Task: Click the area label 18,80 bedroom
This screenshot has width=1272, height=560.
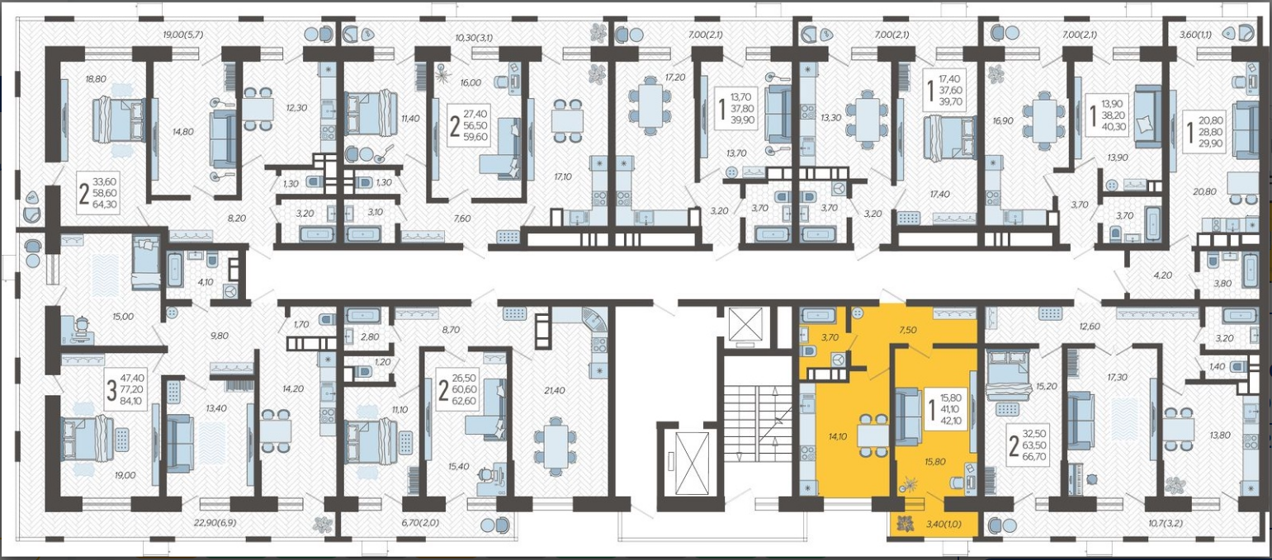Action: click(96, 79)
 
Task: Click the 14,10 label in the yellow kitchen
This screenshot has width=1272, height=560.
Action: click(838, 436)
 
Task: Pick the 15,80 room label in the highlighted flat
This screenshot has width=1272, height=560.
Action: click(934, 462)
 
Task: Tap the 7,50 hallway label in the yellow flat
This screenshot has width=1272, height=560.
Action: click(907, 330)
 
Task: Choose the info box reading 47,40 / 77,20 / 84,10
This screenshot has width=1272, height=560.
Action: click(125, 390)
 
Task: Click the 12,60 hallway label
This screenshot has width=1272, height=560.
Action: click(1090, 327)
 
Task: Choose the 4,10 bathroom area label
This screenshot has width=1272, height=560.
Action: click(205, 281)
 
